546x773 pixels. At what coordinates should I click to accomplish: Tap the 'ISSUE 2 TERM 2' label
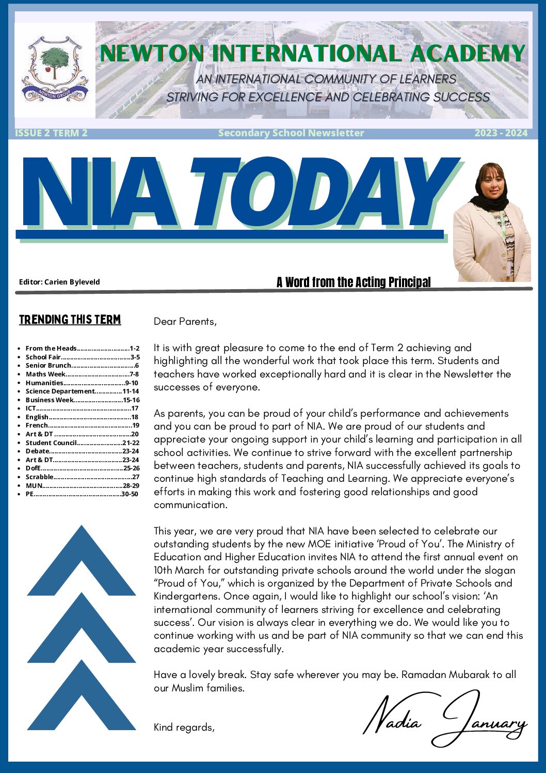click(51, 133)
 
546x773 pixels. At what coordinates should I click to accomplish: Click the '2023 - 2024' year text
click(501, 133)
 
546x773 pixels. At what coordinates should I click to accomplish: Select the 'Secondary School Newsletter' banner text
click(291, 133)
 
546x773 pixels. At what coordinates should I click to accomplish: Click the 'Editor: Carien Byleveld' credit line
click(59, 282)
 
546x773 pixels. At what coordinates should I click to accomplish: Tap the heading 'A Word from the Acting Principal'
click(354, 282)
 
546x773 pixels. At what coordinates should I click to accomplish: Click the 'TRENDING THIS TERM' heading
click(70, 320)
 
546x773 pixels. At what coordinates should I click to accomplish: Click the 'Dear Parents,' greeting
click(185, 322)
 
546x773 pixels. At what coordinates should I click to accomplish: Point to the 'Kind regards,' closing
click(184, 728)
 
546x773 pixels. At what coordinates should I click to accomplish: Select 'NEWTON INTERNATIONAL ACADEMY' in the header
click(312, 54)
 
